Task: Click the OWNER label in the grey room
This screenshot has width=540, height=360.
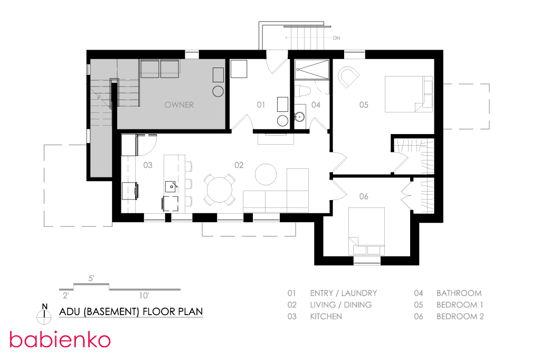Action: point(179,105)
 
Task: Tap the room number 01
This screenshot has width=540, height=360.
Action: point(261,105)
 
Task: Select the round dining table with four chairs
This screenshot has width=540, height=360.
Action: point(220,190)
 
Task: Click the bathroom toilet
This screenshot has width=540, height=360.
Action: point(302,91)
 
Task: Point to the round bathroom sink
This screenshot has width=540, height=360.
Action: point(299,117)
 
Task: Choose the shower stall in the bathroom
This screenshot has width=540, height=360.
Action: point(312,70)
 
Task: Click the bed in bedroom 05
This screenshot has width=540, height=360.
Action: point(409,94)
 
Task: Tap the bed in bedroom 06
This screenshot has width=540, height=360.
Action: point(366,231)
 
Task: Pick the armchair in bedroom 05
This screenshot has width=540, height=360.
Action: point(348,78)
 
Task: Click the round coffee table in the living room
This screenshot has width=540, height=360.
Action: point(266,174)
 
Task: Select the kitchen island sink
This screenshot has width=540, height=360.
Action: point(172,186)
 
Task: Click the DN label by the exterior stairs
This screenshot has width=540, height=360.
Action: point(336,38)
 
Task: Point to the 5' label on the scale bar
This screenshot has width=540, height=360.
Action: point(91,278)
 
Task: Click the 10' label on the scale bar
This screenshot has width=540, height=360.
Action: point(144,296)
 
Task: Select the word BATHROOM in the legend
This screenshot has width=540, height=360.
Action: point(459,293)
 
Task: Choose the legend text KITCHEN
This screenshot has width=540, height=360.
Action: point(326,316)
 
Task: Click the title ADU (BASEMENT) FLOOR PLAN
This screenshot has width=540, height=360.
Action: point(131,311)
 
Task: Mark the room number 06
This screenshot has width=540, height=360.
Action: point(364,196)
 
